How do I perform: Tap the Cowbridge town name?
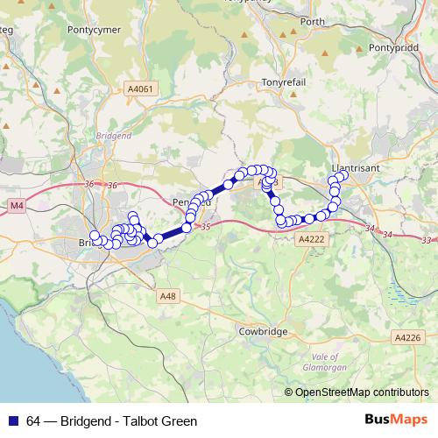click(x=263, y=333)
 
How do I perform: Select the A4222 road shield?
click(x=311, y=238)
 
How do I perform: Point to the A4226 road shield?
click(x=407, y=337)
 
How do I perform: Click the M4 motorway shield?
click(x=17, y=205)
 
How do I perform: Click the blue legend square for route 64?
click(x=11, y=420)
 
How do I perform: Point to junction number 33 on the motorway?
click(x=427, y=240)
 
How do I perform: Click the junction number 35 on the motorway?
click(x=206, y=228)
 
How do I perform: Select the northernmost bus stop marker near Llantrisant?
click(x=342, y=175)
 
